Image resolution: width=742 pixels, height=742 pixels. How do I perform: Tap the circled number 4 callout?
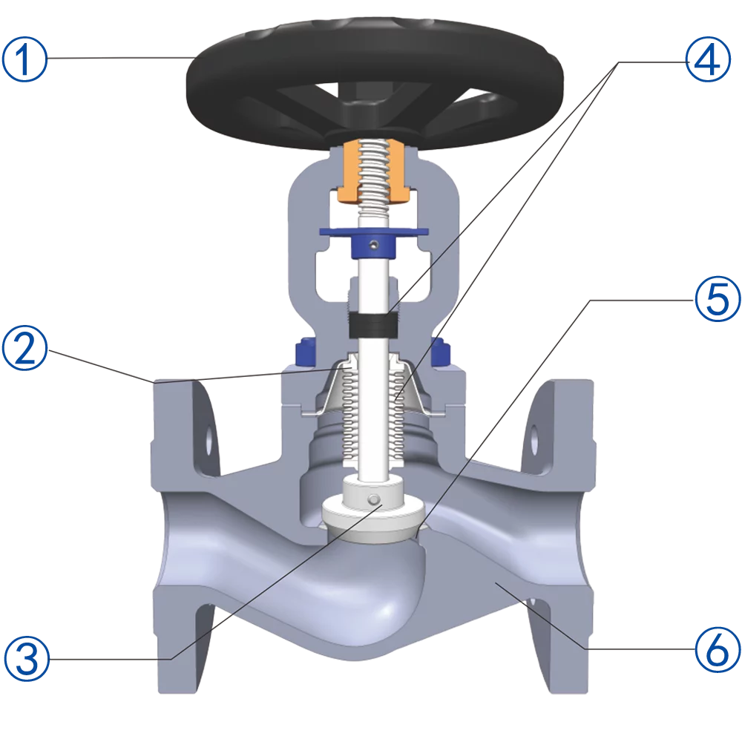point(710,60)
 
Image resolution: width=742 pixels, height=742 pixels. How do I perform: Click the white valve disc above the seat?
point(371,512)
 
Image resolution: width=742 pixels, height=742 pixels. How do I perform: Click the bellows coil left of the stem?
point(352,416)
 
